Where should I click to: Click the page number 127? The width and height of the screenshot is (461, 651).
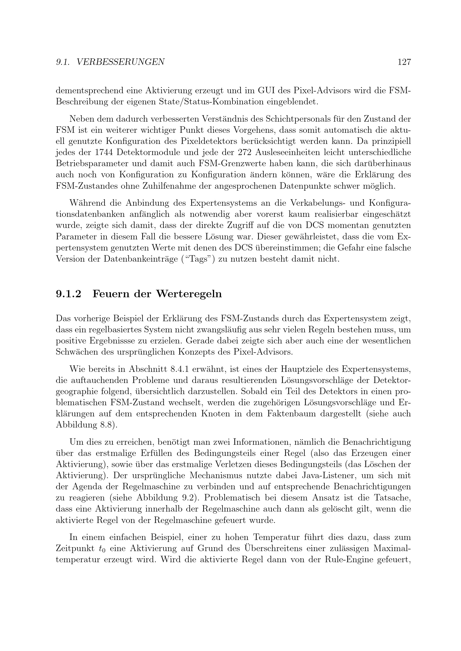404,62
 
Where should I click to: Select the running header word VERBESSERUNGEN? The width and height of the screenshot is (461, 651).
121,62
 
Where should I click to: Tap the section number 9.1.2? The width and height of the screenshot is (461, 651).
69,294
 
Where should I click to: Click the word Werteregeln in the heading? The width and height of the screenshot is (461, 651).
189,294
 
